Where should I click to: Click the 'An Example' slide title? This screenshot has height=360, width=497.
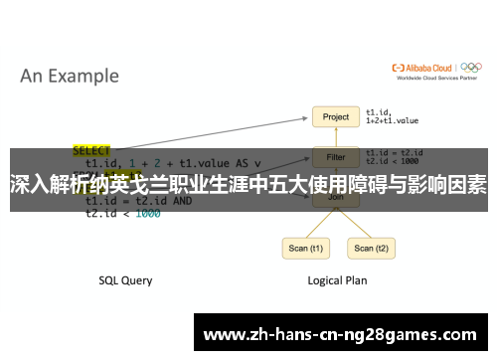[x=70, y=76]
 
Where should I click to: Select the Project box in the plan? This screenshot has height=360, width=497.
[x=336, y=117]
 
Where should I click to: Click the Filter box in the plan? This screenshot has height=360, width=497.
[x=336, y=157]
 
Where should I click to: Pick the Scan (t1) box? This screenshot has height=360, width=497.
[x=303, y=249]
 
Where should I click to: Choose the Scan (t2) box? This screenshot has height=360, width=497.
[x=371, y=249]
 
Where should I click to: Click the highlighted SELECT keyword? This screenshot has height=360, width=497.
[x=92, y=151]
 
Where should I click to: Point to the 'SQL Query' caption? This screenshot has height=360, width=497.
[x=125, y=280]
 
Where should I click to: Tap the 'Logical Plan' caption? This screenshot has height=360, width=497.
[x=336, y=280]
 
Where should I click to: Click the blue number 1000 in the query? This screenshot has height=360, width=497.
[x=147, y=213]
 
